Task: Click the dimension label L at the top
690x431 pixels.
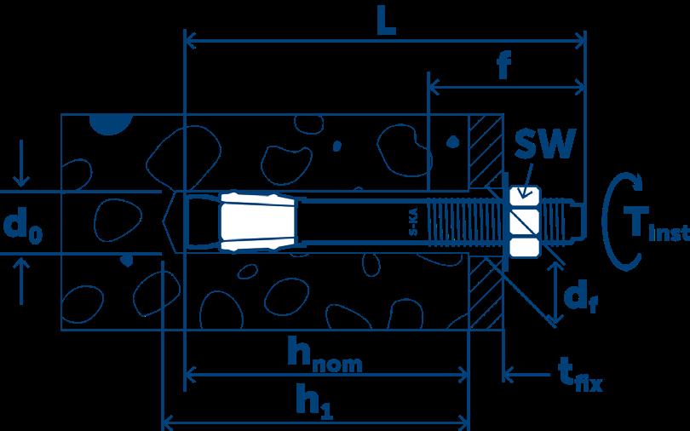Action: coord(386,23)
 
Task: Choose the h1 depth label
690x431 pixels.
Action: coord(313,401)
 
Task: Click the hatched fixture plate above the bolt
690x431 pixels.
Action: coord(486,153)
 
